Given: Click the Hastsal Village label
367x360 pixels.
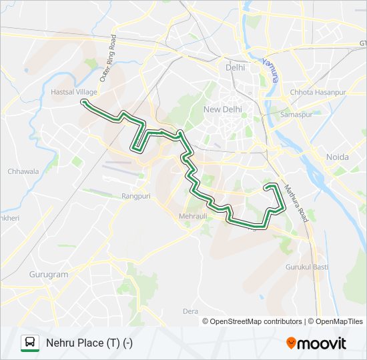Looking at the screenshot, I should pyautogui.click(x=74, y=92).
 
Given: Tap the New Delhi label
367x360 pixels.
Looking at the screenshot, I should pyautogui.click(x=222, y=109).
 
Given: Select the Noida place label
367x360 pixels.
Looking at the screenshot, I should pyautogui.click(x=337, y=157).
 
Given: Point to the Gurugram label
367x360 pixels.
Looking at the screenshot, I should pyautogui.click(x=49, y=274).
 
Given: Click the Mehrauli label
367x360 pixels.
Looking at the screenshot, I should pyautogui.click(x=193, y=216).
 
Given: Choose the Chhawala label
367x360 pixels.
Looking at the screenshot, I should pyautogui.click(x=23, y=171).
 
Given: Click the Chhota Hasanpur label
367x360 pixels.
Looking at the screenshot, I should pyautogui.click(x=318, y=92).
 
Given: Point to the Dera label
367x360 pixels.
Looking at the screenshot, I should pyautogui.click(x=191, y=311).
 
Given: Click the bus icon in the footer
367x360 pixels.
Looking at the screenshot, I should pyautogui.click(x=30, y=343).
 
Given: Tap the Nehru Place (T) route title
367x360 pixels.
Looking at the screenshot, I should pyautogui.click(x=89, y=343).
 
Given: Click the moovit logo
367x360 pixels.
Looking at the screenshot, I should pyautogui.click(x=316, y=343).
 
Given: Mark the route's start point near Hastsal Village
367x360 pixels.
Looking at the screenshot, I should pyautogui.click(x=84, y=102).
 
